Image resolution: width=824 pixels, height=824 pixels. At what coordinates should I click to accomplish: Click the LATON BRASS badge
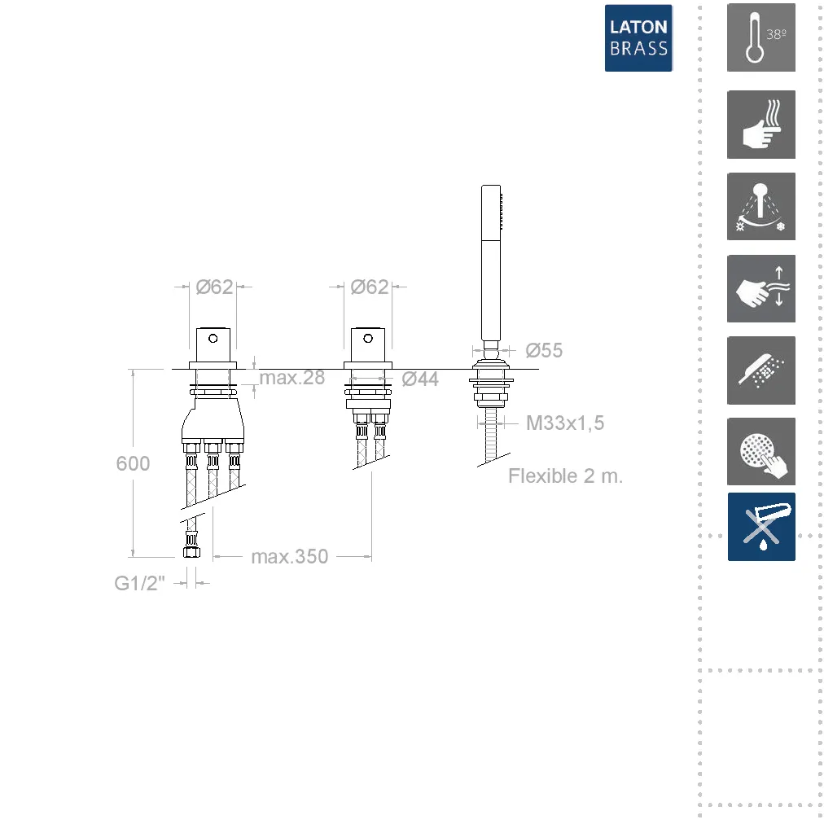(x=638, y=37)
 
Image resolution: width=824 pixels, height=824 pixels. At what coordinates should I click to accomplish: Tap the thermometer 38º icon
(x=761, y=37)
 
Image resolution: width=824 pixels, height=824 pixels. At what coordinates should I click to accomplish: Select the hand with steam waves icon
(x=761, y=125)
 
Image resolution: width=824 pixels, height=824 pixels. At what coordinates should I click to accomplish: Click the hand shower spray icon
(x=761, y=370)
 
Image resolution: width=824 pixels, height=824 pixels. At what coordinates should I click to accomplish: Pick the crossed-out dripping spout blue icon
(x=761, y=527)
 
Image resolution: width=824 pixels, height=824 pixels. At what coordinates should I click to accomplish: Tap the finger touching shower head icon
(x=761, y=451)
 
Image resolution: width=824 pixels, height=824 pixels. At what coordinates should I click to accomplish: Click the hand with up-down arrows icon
(x=761, y=288)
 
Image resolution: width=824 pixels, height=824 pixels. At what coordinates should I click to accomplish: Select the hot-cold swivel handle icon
(x=761, y=207)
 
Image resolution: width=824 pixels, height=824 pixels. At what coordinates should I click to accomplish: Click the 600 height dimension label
(x=133, y=463)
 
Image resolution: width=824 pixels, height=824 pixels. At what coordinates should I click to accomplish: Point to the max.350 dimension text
(x=290, y=556)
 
